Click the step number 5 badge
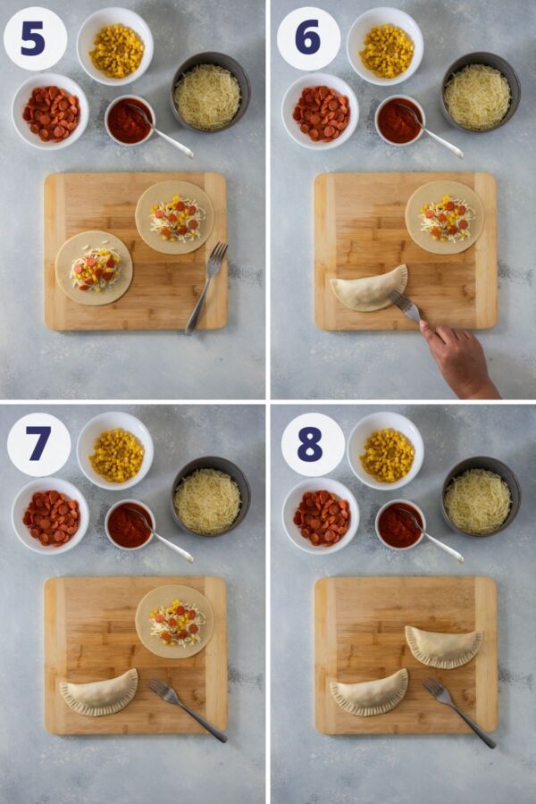pyautogui.click(x=35, y=39)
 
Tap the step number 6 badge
pyautogui.click(x=308, y=39)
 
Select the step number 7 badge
pyautogui.click(x=39, y=444)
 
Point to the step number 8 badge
pyautogui.click(x=313, y=444)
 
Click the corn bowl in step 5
pyautogui.click(x=115, y=46)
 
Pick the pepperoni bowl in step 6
pyautogui.click(x=321, y=112)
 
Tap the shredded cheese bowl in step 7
pyautogui.click(x=211, y=497)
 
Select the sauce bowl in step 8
pyautogui.click(x=400, y=524)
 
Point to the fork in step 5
pyautogui.click(x=206, y=287)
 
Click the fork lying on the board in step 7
pyautogui.click(x=188, y=710)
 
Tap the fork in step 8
pyautogui.click(x=459, y=713)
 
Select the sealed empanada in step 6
pyautogui.click(x=369, y=289)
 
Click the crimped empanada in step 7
pyautogui.click(x=99, y=692)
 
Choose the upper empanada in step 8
pyautogui.click(x=444, y=646)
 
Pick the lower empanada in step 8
pyautogui.click(x=369, y=692)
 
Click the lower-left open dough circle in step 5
pyautogui.click(x=94, y=268)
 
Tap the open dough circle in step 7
pyautogui.click(x=174, y=622)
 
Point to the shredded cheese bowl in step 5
pyautogui.click(x=211, y=92)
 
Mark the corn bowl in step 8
pyautogui.click(x=386, y=451)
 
